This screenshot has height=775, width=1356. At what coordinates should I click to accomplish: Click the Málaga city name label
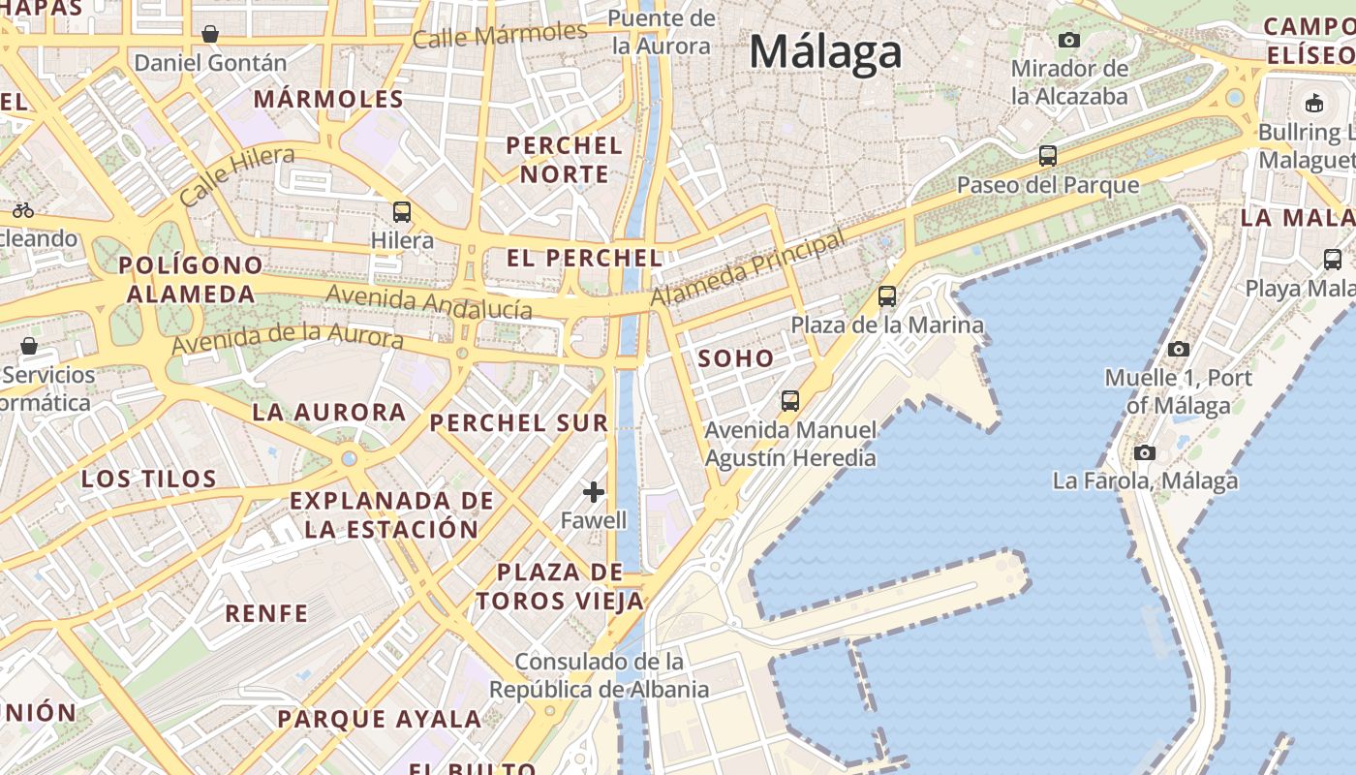pos(825,51)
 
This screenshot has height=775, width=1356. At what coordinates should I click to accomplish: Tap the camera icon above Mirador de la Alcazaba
pos(1069,40)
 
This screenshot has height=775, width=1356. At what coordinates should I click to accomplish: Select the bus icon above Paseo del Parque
pos(1047,155)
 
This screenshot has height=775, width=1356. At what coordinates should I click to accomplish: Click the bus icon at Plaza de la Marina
pos(886,296)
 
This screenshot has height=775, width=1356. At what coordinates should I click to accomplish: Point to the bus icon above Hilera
pos(401,211)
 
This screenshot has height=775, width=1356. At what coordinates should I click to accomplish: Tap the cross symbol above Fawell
pos(594,492)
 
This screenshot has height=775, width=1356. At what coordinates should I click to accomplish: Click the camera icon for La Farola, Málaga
pos(1145,452)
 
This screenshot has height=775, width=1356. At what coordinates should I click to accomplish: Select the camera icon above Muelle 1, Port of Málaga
pos(1179,349)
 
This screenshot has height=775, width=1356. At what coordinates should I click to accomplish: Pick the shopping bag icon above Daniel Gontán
pos(210,35)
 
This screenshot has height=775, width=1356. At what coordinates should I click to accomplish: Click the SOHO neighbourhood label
pos(736,358)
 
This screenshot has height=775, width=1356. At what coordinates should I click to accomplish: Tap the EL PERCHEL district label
pos(585,259)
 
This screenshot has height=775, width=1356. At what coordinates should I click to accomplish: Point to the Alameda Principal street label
pos(748,268)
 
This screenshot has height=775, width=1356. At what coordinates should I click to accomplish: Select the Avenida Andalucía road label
pos(429,302)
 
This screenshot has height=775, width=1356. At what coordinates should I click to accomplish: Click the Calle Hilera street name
pos(237,175)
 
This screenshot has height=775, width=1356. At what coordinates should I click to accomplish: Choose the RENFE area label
pos(266,613)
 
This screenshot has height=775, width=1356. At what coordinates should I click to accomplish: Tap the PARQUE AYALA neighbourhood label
pos(380,719)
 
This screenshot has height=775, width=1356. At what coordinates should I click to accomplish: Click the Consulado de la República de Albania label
pos(600,675)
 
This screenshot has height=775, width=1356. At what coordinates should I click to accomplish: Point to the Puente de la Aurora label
pos(663,32)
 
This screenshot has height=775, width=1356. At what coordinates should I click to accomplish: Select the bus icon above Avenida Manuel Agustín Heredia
pos(790,400)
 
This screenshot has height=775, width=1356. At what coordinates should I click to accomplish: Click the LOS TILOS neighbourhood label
pos(149,479)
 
